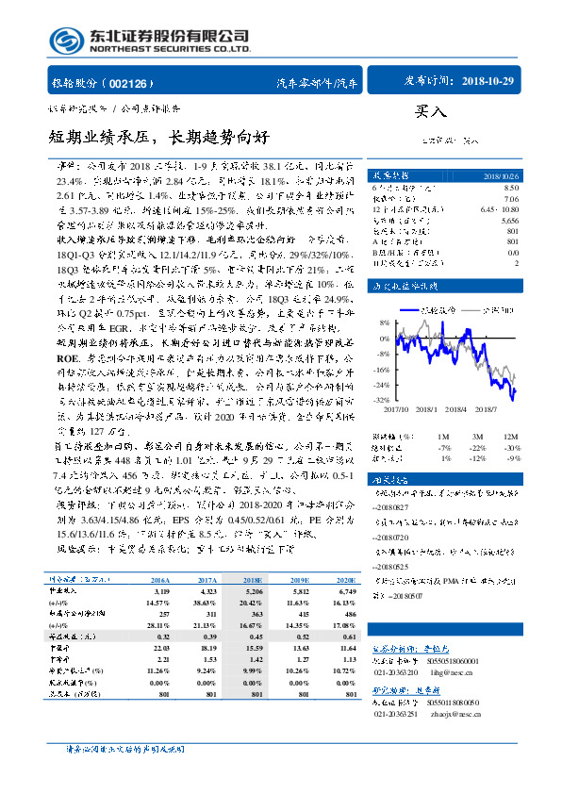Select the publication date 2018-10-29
(489, 82)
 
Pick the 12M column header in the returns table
(513, 438)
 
